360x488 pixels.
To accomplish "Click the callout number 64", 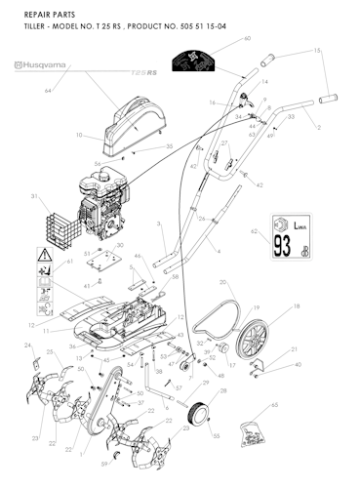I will [47, 91].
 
